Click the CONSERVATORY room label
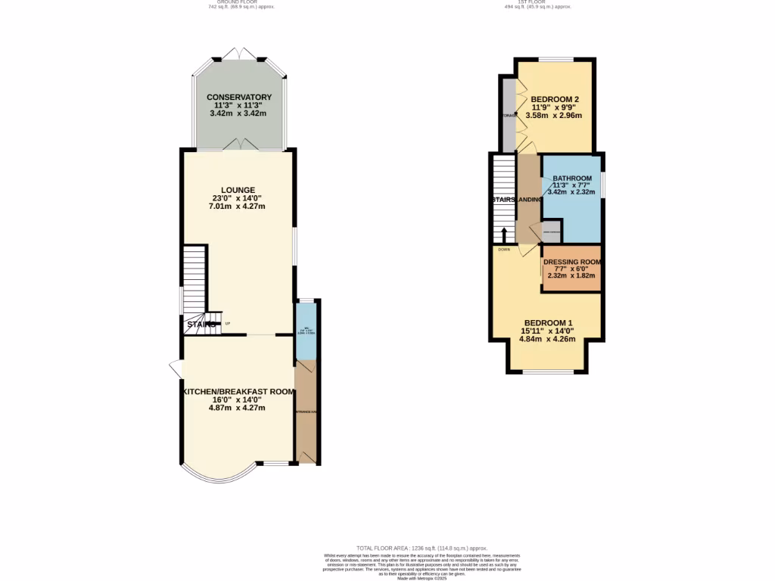click(x=238, y=98)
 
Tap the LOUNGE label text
click(x=238, y=190)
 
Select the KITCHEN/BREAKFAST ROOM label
click(x=238, y=391)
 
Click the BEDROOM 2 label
click(x=555, y=100)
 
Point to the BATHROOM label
click(x=571, y=179)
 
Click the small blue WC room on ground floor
click(x=306, y=331)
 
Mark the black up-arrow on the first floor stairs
click(x=504, y=233)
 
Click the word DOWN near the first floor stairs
click(x=504, y=249)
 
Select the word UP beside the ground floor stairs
click(x=227, y=324)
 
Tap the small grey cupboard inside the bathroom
click(x=551, y=231)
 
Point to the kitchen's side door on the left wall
click(x=175, y=368)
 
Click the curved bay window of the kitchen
click(x=219, y=477)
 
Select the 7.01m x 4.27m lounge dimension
click(x=238, y=207)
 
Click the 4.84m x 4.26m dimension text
click(x=547, y=339)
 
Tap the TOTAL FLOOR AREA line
click(x=422, y=548)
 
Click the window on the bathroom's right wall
click(x=602, y=186)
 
